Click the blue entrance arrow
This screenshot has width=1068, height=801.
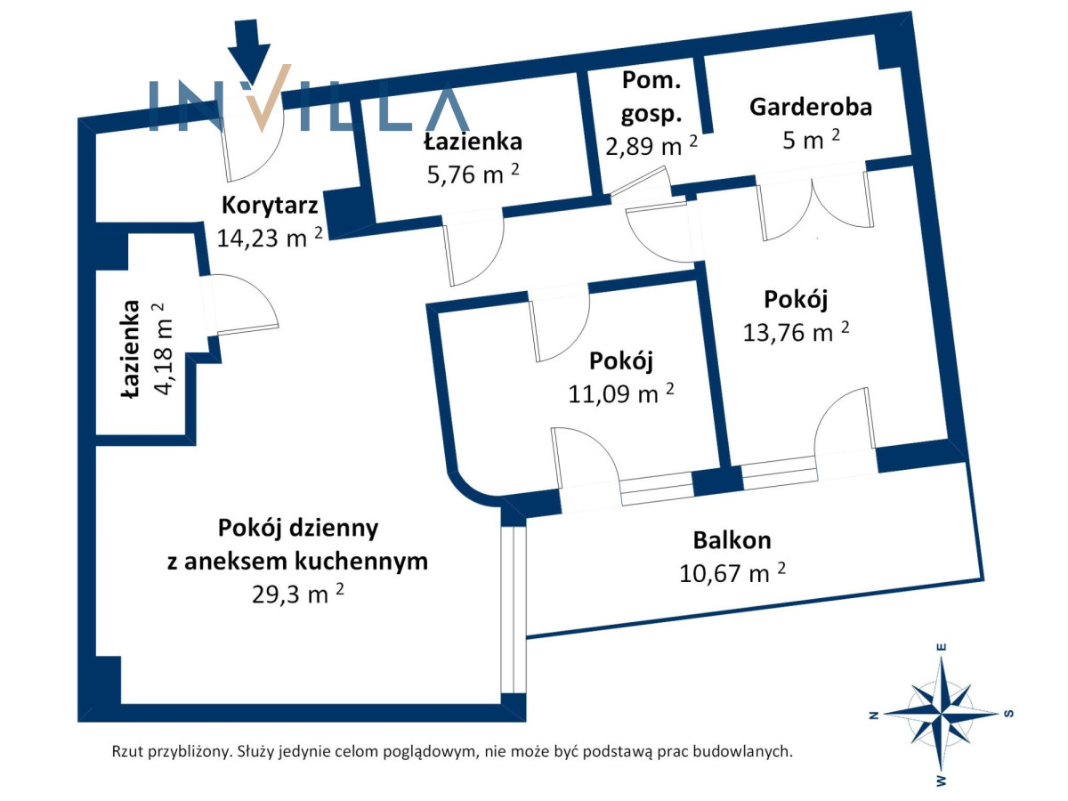pyautogui.click(x=248, y=51)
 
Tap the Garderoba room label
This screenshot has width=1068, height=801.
pyautogui.click(x=810, y=107)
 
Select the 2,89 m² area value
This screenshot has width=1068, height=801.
pyautogui.click(x=651, y=145)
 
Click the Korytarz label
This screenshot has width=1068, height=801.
pyautogui.click(x=270, y=206)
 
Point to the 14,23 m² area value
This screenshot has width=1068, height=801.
pyautogui.click(x=269, y=238)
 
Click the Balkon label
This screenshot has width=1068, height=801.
pyautogui.click(x=732, y=540)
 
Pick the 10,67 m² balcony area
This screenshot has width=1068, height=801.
pyautogui.click(x=732, y=573)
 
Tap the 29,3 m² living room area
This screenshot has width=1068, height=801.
pyautogui.click(x=297, y=594)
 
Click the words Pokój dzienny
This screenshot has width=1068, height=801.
pyautogui.click(x=298, y=528)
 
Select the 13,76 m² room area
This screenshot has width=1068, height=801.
pyautogui.click(x=796, y=332)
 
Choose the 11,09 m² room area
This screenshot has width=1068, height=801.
pyautogui.click(x=621, y=393)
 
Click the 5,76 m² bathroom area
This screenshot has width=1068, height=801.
pyautogui.click(x=473, y=174)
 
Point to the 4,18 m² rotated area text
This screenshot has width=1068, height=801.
pyautogui.click(x=163, y=349)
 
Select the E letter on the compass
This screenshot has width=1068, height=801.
pyautogui.click(x=942, y=647)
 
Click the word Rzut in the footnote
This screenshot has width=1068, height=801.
pyautogui.click(x=127, y=751)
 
